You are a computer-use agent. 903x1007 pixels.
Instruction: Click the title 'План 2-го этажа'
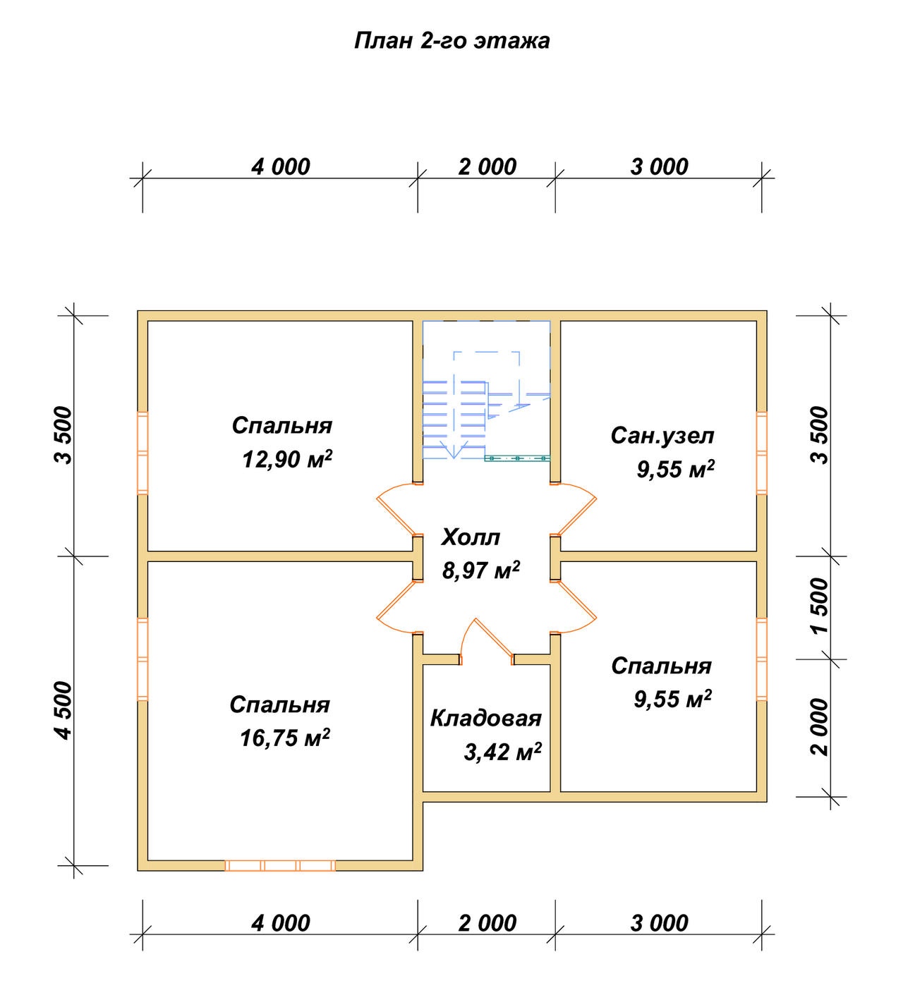coord(451,41)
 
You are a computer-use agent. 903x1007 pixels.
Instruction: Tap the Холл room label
coord(471,537)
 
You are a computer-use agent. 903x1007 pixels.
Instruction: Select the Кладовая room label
coord(485,718)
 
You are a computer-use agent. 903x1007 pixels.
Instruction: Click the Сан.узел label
coord(662,436)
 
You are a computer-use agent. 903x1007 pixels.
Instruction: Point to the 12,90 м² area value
coord(287,459)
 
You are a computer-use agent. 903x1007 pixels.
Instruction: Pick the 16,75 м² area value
coord(284,738)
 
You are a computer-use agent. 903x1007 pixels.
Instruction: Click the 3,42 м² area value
coord(502,752)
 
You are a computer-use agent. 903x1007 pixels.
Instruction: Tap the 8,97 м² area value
coord(480,570)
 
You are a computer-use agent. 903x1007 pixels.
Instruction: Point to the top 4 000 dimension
coord(281,166)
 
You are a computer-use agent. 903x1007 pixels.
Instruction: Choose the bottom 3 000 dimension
coord(660,924)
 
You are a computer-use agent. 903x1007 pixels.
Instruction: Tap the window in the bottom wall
coord(280,865)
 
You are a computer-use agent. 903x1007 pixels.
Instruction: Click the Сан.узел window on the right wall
coord(761,453)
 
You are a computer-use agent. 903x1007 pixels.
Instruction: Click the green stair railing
coord(517,458)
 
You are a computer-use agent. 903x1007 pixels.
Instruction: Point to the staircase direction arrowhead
coord(454,452)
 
